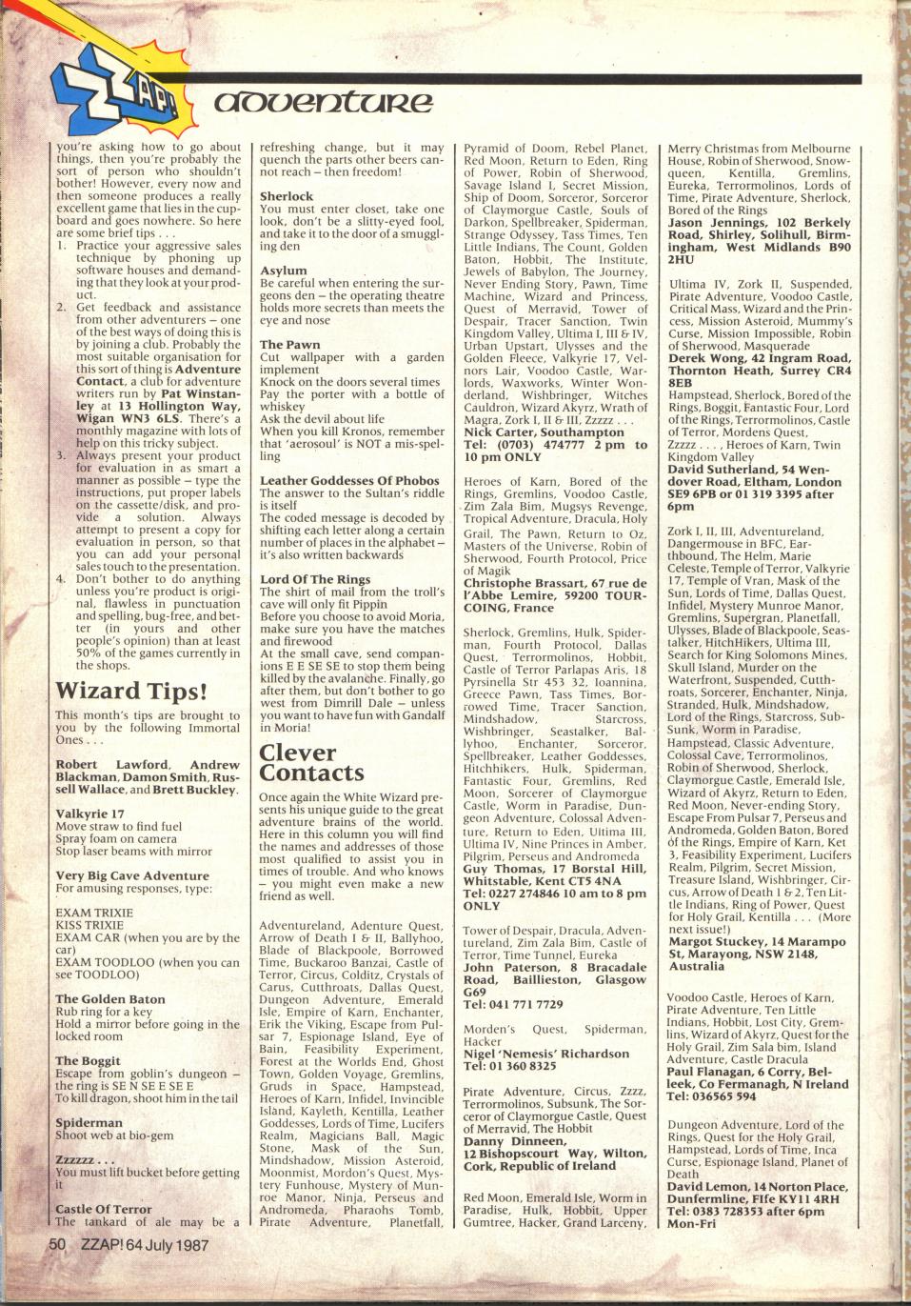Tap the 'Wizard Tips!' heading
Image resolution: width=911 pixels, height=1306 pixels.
(x=132, y=690)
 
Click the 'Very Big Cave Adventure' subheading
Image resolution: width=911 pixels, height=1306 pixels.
(x=132, y=875)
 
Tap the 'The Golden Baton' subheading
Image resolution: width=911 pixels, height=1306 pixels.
(x=109, y=999)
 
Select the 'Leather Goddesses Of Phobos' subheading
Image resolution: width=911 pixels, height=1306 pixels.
(x=349, y=481)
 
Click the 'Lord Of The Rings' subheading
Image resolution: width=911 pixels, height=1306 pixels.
(x=315, y=579)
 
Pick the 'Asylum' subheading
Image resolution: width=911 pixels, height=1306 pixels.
(x=284, y=271)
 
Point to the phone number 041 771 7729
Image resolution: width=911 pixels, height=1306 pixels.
(x=528, y=1004)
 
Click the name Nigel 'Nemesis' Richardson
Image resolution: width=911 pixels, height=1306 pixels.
(x=546, y=1054)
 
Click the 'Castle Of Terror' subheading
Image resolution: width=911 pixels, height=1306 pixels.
(x=104, y=1209)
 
